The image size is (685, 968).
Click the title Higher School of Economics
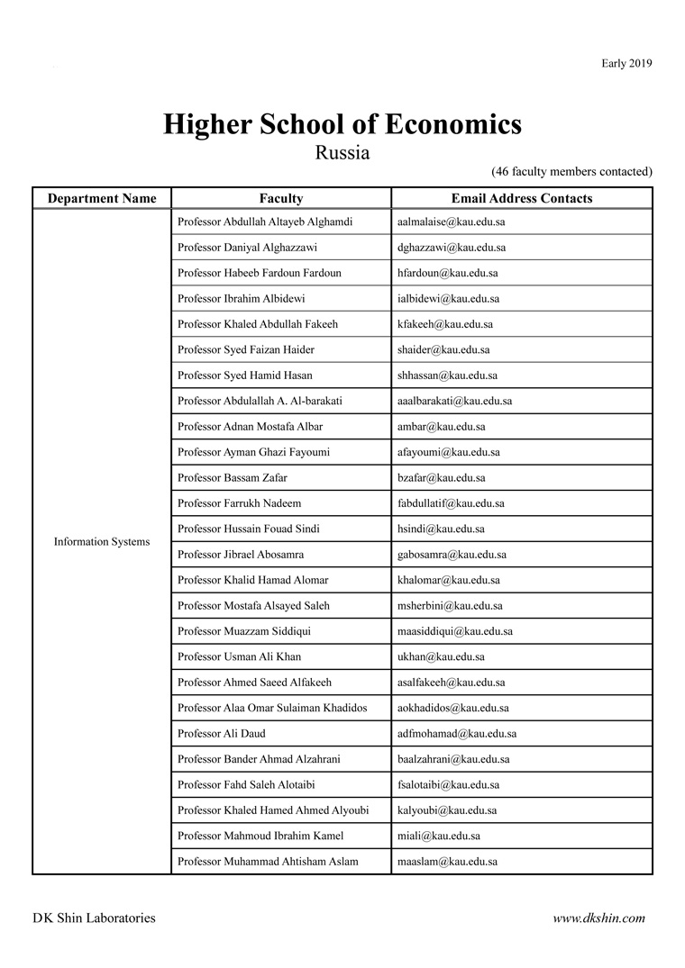342,124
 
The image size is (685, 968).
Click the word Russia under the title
342,152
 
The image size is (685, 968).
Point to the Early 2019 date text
626,63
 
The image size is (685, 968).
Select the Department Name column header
102,199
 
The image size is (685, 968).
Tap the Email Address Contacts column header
521,199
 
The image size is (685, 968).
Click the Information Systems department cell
102,542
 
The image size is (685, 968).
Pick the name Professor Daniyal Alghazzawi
247,248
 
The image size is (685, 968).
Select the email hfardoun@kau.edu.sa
447,273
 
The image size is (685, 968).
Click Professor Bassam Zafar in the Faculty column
233,478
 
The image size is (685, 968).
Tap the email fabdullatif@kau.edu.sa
451,503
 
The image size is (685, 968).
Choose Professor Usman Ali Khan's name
240,657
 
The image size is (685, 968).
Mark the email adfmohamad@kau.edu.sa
457,734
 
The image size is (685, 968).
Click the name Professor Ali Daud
222,734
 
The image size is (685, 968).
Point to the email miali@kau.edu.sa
439,837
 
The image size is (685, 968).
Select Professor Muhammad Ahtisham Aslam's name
268,862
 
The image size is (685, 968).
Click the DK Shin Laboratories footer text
94,918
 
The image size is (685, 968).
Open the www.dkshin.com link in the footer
599,918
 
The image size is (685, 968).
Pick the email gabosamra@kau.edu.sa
452,555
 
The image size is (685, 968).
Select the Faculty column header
281,199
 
